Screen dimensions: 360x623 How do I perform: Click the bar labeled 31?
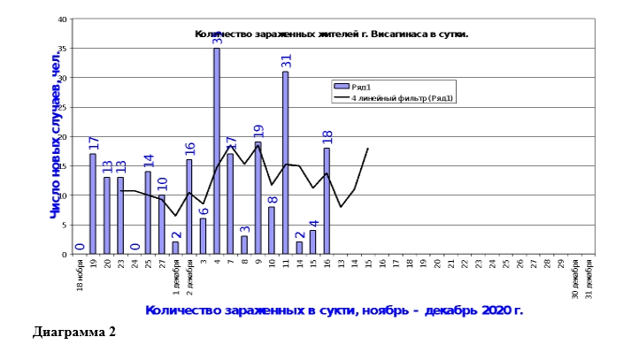[286, 164]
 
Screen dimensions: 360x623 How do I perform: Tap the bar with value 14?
[148, 212]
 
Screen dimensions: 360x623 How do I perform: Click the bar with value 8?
[272, 230]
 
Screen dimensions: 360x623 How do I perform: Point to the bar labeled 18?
[327, 201]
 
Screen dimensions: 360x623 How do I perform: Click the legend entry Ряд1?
[359, 86]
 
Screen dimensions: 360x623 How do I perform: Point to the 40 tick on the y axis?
[61, 19]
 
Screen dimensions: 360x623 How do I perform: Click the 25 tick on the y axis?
[61, 107]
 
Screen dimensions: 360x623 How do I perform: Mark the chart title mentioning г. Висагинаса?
[331, 34]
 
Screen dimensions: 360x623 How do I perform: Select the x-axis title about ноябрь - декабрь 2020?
[334, 310]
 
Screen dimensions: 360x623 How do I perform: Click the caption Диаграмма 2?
[74, 333]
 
